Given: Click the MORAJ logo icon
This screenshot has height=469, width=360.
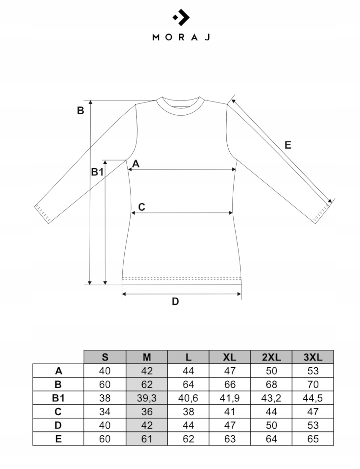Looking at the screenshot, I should [181, 17].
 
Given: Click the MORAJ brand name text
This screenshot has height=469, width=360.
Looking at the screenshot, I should [181, 37].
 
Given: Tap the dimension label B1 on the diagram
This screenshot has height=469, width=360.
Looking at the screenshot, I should [97, 172].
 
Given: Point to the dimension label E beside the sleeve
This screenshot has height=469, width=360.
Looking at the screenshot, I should [288, 145].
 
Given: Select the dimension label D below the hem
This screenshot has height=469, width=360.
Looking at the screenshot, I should [175, 301].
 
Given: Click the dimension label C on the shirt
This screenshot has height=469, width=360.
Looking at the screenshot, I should [141, 207].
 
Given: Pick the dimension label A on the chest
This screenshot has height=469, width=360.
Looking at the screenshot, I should [136, 164].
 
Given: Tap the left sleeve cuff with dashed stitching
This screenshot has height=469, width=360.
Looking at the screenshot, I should [43, 213].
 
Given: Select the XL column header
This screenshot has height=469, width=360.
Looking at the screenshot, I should [229, 357].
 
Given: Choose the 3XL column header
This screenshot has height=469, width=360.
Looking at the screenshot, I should [313, 357].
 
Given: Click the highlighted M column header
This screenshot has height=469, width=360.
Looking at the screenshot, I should [147, 357].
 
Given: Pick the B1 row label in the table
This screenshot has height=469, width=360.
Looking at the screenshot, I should [58, 398].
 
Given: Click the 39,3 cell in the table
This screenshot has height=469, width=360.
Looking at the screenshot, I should [147, 398].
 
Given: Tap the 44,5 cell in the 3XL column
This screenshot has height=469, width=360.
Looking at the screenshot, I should [313, 398].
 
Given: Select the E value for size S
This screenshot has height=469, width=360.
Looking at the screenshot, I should [105, 439].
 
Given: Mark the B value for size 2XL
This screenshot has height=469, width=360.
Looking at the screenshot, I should [271, 384].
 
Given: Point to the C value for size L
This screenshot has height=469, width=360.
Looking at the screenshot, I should [188, 412].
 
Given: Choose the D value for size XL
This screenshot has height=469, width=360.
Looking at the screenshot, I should [229, 425].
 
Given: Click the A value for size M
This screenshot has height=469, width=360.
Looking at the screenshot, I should [147, 371].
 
